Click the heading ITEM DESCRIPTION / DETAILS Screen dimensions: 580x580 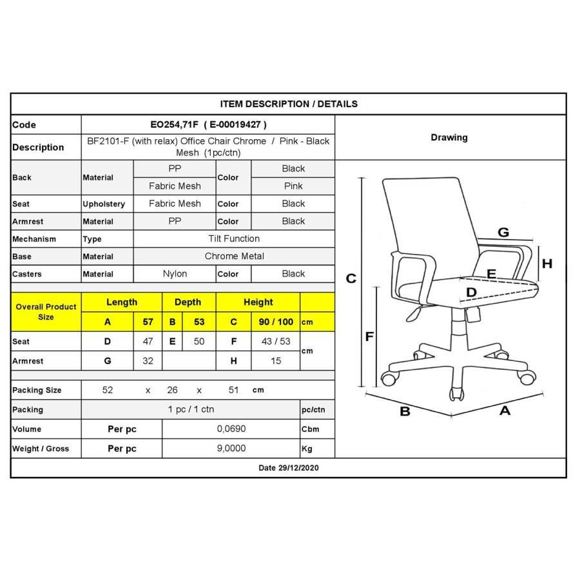coord(289,104)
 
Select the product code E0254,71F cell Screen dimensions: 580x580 coord(208,124)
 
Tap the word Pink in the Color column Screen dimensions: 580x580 coord(293,186)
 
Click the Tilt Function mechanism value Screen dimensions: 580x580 coord(234,238)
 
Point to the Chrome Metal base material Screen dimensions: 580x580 coord(234,256)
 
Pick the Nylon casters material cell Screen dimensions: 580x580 coord(175,274)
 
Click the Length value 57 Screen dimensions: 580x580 coord(148,322)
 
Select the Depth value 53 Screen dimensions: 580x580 coord(198,322)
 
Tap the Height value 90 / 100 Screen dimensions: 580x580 coord(276,322)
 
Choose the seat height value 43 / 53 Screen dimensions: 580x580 coord(276,342)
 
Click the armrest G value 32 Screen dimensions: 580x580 coord(148,361)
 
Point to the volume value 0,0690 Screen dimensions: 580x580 coord(231,429)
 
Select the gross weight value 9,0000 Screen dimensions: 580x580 coord(231,449)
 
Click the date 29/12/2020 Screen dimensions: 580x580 coord(289,468)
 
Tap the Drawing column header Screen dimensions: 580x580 coord(449,137)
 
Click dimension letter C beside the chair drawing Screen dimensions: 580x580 coord(351,278)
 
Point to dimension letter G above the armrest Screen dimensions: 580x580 coord(503,233)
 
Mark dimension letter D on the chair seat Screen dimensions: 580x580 coord(471,293)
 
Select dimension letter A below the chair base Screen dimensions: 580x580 coord(505,411)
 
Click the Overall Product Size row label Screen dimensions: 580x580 coord(46,312)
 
